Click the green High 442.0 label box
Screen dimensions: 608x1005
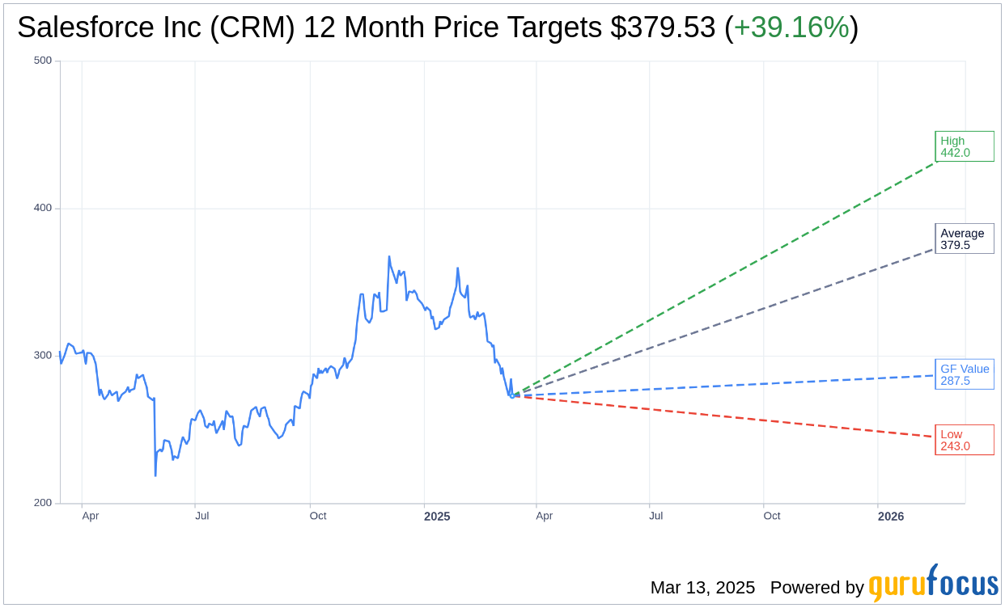(x=964, y=146)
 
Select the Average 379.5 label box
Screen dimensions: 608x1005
(x=964, y=239)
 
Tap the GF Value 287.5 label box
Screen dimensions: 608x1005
(x=964, y=374)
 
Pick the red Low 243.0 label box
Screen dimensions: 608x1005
(x=964, y=440)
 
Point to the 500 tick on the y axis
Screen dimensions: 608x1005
(x=42, y=61)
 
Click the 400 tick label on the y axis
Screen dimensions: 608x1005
(x=42, y=208)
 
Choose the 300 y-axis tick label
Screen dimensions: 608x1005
(x=42, y=356)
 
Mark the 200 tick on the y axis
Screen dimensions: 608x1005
(x=42, y=503)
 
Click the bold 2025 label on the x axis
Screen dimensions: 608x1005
(x=437, y=516)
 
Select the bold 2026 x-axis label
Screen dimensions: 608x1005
(x=891, y=516)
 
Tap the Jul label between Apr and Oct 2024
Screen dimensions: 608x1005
(x=202, y=516)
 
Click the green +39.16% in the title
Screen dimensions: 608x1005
(x=791, y=28)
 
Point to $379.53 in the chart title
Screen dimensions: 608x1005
(x=663, y=28)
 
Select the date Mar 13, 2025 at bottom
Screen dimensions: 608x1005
(x=702, y=588)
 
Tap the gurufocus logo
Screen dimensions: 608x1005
(x=933, y=584)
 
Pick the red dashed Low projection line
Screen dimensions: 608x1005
(x=728, y=416)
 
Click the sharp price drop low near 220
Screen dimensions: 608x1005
(x=155, y=474)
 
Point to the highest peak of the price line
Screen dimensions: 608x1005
(x=389, y=257)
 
